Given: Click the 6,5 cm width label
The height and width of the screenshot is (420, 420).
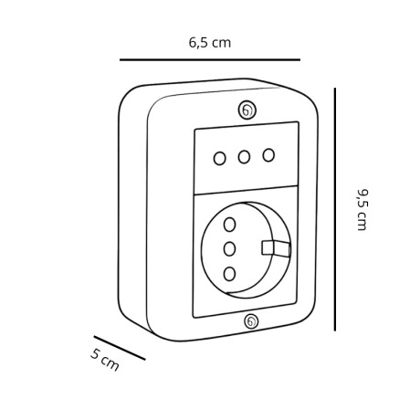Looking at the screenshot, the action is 210,43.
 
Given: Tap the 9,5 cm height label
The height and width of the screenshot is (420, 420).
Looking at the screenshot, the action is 362,210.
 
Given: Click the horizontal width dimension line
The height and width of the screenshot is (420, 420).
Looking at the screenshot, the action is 210,60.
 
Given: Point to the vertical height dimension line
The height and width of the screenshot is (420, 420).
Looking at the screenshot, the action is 335,209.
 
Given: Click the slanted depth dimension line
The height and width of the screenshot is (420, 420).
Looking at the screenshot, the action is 120,348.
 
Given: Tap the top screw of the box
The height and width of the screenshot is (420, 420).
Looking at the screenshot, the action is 247,110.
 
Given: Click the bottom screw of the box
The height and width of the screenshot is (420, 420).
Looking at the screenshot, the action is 251,321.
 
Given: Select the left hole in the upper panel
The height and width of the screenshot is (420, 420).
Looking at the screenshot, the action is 220,159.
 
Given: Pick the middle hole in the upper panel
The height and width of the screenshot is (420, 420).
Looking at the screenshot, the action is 244,157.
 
